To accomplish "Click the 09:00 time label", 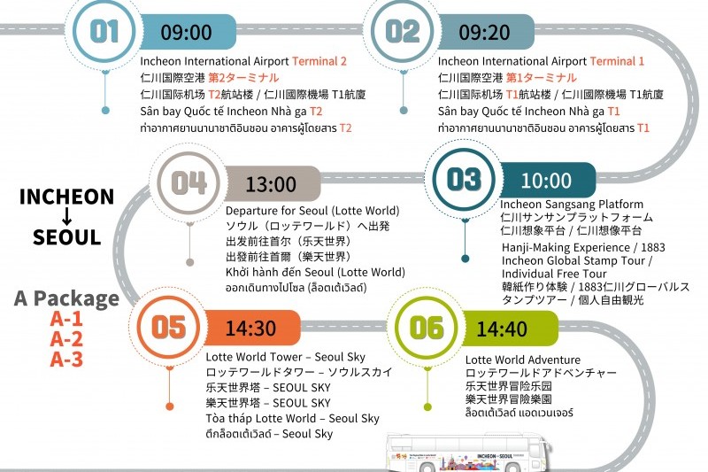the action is (x=186, y=32).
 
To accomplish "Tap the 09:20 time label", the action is (x=484, y=32).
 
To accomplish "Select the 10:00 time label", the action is (x=546, y=181).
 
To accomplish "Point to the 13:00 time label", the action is (x=271, y=184).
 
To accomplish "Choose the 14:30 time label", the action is (x=250, y=329).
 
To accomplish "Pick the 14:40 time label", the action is (x=502, y=329).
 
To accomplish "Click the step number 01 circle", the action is (x=104, y=31).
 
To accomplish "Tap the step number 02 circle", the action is (x=402, y=31).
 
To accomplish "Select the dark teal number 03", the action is (x=464, y=179).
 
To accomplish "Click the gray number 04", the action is (x=189, y=183).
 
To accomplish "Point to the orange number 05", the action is (x=168, y=327).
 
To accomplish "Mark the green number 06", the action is (x=427, y=328).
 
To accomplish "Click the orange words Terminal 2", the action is (x=319, y=61).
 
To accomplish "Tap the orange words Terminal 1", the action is (x=617, y=61).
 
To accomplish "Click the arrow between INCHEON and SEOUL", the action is (x=66, y=216).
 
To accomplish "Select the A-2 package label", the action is (x=66, y=339).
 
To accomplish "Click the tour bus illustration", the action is (x=469, y=453).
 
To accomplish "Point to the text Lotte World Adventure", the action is (x=523, y=360).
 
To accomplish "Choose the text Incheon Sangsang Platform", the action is (x=572, y=205).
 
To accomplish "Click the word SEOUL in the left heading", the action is (x=67, y=237).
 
